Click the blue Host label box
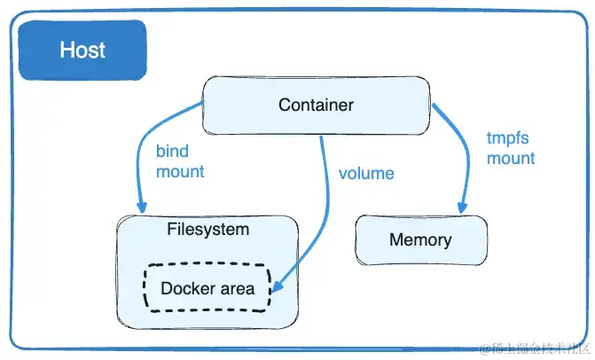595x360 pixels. (x=82, y=49)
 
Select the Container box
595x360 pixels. (x=316, y=105)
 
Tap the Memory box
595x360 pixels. (x=420, y=239)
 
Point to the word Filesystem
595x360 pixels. (x=207, y=230)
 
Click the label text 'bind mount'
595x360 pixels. (x=180, y=161)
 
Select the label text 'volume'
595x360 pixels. (x=365, y=172)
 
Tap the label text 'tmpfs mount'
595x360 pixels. (x=511, y=148)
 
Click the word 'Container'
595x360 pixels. (x=316, y=105)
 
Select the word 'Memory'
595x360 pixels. (x=420, y=239)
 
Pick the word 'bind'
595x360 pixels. (x=172, y=152)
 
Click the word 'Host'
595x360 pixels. (x=82, y=49)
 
